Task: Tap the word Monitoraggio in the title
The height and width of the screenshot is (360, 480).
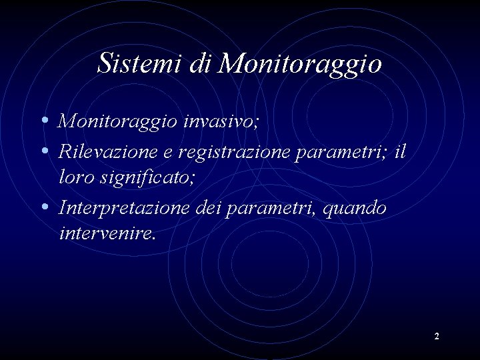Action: pos(300,64)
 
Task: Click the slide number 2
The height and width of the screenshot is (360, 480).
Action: pos(437,337)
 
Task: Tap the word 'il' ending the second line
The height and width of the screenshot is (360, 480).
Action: pos(399,151)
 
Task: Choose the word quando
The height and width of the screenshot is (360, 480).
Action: pos(353,207)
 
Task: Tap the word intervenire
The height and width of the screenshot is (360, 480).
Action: pos(106,233)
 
